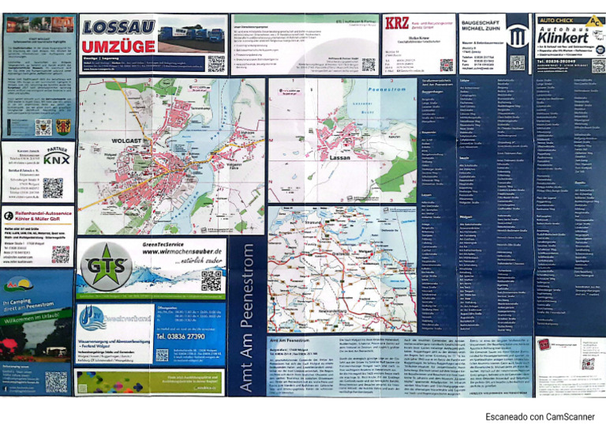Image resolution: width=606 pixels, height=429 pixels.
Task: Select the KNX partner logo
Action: click(x=56, y=160)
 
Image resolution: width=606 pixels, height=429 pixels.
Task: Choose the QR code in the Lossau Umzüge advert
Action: click(x=215, y=63)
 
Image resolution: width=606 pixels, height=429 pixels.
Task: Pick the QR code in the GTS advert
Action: click(x=211, y=280)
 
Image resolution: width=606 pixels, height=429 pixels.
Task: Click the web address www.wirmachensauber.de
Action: click(x=178, y=256)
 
